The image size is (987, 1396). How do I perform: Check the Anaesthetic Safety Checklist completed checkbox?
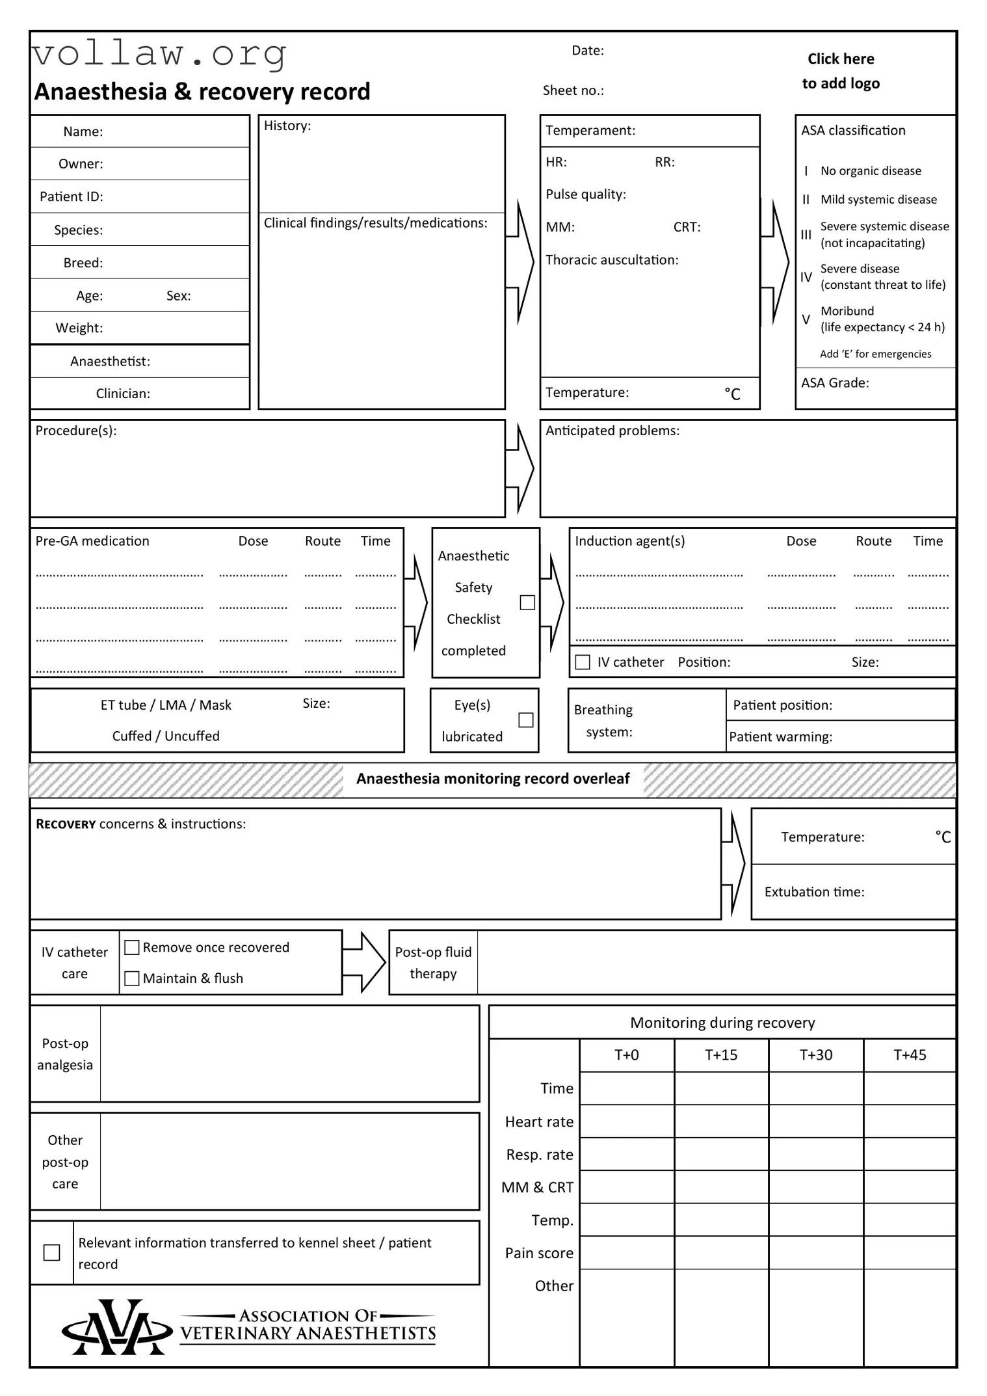click(527, 602)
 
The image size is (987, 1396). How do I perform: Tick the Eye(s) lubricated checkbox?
click(526, 720)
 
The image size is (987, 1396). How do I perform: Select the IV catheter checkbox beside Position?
click(583, 662)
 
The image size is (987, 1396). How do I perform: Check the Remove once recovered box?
click(132, 947)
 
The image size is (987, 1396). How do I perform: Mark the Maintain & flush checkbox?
click(132, 978)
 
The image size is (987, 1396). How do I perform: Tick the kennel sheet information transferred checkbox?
click(51, 1252)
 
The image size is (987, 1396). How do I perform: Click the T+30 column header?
click(815, 1055)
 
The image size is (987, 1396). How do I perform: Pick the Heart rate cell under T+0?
click(626, 1121)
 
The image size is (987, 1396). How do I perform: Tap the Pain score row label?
click(539, 1253)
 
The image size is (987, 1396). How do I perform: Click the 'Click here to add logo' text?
click(841, 71)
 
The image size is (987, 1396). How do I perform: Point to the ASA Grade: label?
click(835, 383)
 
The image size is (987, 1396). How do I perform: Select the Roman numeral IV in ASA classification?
click(806, 277)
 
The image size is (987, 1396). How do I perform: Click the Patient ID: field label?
click(72, 196)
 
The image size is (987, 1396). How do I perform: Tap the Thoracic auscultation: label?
click(612, 260)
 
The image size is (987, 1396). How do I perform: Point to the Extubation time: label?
click(814, 892)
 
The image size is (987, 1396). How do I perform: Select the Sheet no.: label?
click(573, 90)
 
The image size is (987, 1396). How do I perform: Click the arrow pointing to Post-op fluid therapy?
click(365, 963)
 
